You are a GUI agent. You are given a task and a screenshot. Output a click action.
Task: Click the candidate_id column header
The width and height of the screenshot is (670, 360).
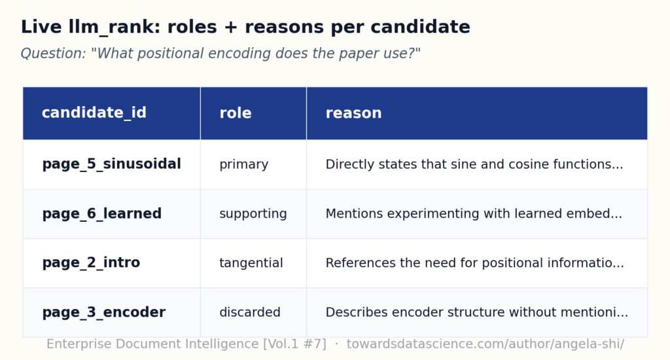(x=94, y=113)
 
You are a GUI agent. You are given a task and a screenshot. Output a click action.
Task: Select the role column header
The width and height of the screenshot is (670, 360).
(x=236, y=113)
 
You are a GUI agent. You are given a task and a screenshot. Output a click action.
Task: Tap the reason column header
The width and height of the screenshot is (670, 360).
(x=353, y=113)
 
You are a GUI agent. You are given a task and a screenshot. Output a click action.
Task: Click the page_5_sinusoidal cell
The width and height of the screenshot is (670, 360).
(x=111, y=164)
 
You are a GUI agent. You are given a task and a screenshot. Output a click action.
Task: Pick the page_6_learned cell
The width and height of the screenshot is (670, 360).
(x=101, y=213)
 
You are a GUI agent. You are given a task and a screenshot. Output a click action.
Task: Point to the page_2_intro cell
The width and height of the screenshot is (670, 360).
(x=91, y=262)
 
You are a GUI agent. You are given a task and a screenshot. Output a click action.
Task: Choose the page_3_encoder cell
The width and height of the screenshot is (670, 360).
(x=104, y=312)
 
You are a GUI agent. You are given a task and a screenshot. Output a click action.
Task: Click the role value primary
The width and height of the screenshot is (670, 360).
(x=243, y=164)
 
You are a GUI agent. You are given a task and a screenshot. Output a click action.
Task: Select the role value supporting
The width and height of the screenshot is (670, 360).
(x=253, y=214)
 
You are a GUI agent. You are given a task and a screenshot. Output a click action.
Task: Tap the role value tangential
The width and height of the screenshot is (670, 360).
(x=251, y=263)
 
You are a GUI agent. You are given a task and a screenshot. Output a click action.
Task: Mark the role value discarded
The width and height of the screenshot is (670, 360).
(x=250, y=312)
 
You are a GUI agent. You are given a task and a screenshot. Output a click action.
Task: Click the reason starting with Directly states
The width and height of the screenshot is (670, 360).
(x=474, y=164)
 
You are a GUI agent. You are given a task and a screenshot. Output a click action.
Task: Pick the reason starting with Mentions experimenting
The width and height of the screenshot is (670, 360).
(x=474, y=213)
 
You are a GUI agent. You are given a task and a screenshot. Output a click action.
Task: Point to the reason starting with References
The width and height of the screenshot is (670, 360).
(x=475, y=262)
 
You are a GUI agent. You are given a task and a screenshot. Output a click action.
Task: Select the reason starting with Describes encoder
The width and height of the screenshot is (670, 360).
(x=477, y=312)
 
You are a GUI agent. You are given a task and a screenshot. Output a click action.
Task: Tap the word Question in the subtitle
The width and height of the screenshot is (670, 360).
(x=54, y=54)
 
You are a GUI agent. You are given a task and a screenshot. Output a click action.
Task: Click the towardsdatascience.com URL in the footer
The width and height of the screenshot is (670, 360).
(x=485, y=344)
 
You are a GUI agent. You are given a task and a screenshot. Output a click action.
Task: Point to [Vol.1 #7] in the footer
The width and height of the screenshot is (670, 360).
(x=295, y=344)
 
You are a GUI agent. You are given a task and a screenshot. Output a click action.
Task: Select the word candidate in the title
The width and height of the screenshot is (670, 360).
(x=421, y=27)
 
